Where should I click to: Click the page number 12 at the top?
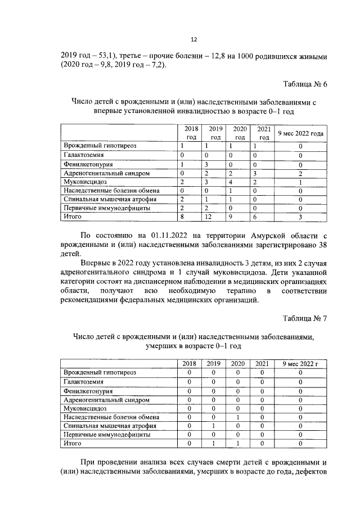point(193,39)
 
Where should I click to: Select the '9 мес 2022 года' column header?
point(301,133)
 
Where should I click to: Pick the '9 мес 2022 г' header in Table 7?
point(301,364)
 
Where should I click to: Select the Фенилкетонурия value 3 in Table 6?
point(207,164)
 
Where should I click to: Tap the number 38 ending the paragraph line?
point(321,245)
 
